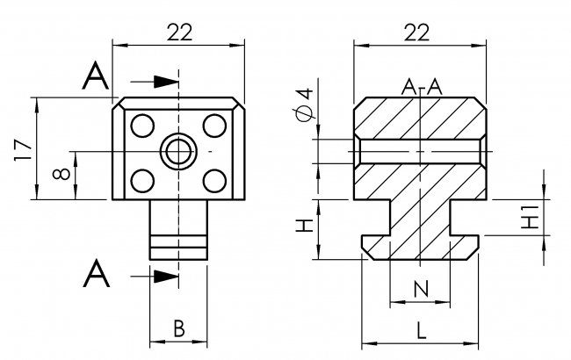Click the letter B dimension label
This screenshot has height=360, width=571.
178,328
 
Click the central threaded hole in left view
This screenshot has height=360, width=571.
178,152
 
